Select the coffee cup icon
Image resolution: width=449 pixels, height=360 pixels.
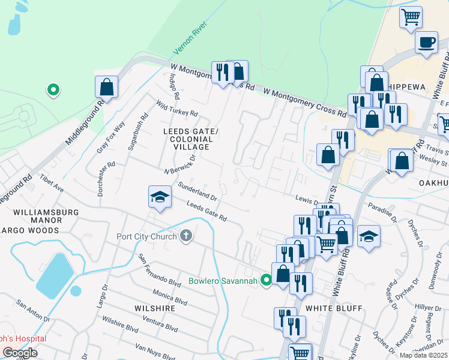(427, 43)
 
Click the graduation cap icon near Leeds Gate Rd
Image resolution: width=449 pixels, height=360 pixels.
(159, 197)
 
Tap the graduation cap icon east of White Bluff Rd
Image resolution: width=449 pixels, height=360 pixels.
(369, 236)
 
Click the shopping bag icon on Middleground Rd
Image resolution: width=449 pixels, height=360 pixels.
(106, 86)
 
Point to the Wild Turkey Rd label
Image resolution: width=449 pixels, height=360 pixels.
(178, 109)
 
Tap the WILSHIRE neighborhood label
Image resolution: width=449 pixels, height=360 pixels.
(155, 308)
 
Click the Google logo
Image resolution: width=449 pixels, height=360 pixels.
(20, 353)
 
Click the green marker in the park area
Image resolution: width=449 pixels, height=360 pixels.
(53, 91)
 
